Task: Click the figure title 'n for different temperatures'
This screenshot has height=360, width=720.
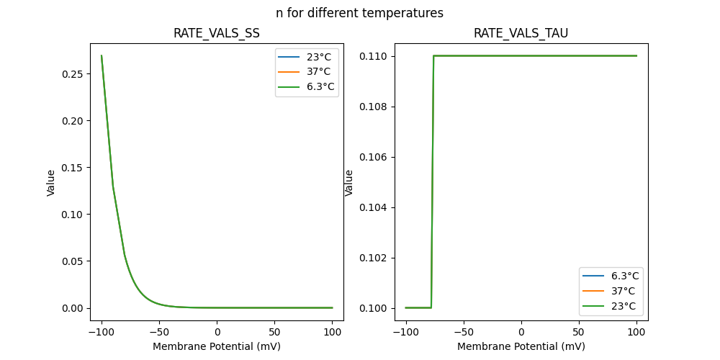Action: click(x=359, y=13)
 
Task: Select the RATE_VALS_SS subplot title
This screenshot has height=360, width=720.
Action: click(x=216, y=33)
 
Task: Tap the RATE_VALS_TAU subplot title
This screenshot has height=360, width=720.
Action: click(x=521, y=33)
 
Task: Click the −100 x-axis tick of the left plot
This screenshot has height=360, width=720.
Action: click(x=102, y=332)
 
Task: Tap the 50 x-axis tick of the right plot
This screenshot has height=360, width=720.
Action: click(x=578, y=332)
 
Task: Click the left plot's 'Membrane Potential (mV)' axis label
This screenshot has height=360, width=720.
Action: click(x=216, y=346)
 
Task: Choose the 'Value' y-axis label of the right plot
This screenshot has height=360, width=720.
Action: click(x=349, y=182)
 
